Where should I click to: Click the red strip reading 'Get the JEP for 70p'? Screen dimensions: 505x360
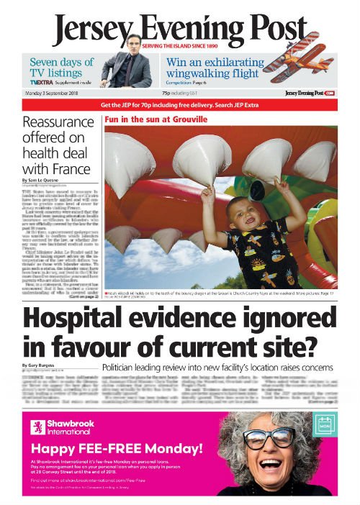click(x=180, y=105)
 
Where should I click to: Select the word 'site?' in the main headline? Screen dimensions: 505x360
click(x=276, y=347)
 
